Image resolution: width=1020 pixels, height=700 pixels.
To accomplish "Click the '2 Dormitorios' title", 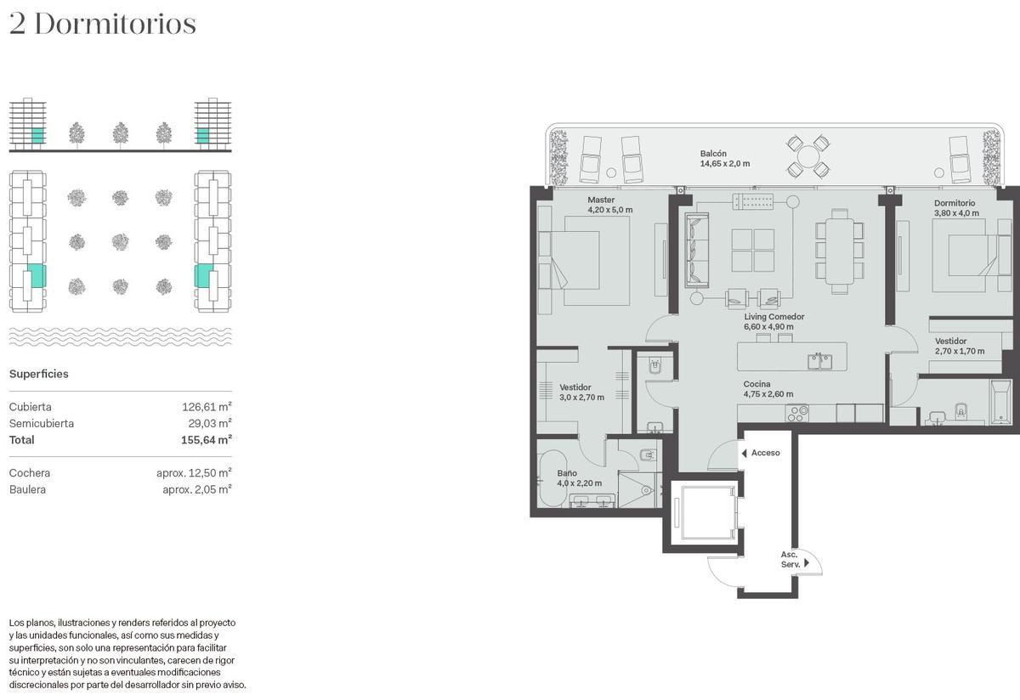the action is (103, 24).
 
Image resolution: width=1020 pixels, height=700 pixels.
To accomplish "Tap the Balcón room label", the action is (713, 154).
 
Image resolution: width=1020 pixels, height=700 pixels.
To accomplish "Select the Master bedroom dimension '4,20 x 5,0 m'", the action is (609, 210).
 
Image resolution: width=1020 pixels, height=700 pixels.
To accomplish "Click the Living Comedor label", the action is (774, 317).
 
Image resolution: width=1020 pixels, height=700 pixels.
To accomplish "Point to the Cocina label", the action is (756, 384).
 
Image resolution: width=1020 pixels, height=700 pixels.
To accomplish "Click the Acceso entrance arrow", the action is (744, 453).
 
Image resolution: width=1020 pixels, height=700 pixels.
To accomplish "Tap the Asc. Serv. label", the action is (790, 559).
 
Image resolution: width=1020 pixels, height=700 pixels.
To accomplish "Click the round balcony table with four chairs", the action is (808, 156).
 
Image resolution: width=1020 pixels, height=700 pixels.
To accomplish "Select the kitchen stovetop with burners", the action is (797, 413).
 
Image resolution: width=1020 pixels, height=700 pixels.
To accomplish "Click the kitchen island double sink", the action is (819, 361).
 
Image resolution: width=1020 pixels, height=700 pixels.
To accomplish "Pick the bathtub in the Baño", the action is (553, 478).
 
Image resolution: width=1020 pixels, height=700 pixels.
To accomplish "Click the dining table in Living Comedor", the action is (839, 251).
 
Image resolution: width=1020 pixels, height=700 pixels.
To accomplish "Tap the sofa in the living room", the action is (697, 250).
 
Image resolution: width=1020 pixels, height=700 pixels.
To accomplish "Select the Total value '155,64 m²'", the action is (207, 440).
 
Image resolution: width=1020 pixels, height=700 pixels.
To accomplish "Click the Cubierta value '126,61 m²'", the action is (207, 406).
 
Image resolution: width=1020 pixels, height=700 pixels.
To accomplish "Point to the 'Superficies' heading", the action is (39, 374).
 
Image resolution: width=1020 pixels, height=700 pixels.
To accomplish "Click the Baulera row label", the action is (27, 489).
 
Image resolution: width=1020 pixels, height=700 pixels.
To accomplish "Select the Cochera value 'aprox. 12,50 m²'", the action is (194, 472).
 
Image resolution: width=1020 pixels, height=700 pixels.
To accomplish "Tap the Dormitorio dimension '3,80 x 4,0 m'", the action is (956, 213).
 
